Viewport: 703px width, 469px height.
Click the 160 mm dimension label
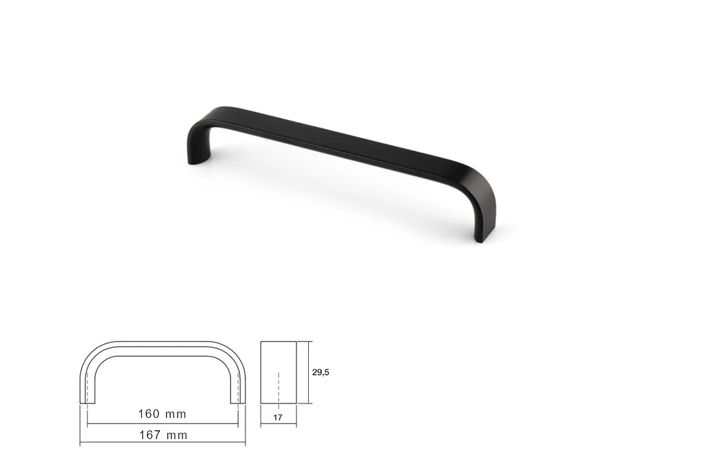tap(162, 414)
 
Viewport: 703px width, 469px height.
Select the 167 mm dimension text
tap(163, 435)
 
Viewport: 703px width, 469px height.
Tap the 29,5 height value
tap(320, 372)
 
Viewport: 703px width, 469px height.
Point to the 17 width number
tap(278, 417)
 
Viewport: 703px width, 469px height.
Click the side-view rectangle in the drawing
tap(278, 372)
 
